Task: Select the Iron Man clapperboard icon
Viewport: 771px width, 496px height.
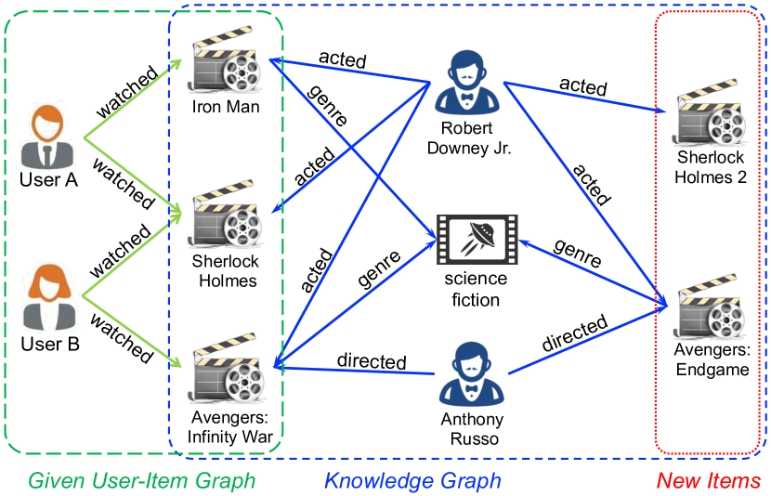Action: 224,62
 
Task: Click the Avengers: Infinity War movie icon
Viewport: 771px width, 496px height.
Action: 226,370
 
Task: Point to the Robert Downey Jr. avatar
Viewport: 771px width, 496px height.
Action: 467,83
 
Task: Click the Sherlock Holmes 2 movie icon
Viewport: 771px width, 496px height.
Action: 712,116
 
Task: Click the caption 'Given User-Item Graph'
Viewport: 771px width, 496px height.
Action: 141,480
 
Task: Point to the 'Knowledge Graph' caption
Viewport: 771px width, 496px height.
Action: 412,480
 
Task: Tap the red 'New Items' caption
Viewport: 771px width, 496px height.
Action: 708,480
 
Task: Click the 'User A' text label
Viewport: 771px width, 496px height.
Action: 47,180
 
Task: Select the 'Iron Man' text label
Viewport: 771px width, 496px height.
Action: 226,107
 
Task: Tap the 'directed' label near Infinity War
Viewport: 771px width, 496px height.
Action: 371,359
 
